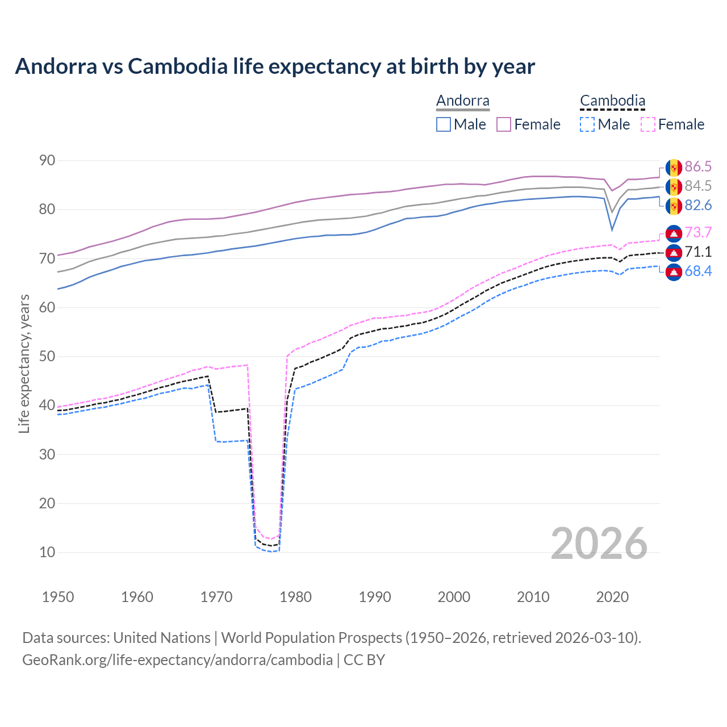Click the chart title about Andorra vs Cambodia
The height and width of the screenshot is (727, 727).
(275, 66)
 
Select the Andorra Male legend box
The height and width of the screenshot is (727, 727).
(444, 124)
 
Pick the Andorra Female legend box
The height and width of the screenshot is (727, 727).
(504, 124)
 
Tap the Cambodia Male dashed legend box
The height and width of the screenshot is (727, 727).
(587, 124)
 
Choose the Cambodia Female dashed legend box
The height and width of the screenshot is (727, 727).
(648, 124)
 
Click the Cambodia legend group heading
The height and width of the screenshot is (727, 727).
(612, 101)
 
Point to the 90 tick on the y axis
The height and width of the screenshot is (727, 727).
(47, 161)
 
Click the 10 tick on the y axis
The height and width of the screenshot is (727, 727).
(47, 552)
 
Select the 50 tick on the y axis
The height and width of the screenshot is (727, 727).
(47, 357)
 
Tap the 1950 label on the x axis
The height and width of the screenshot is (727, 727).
(58, 597)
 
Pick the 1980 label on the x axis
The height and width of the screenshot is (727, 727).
(295, 597)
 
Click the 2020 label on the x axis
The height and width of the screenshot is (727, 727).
(612, 597)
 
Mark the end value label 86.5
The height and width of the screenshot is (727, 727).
(698, 166)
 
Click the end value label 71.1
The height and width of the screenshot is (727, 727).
(698, 252)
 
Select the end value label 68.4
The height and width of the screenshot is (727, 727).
(698, 271)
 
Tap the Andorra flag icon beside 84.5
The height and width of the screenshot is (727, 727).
(674, 186)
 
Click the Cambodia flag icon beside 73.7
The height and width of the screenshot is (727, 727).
(674, 233)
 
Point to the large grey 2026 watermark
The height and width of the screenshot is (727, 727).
(599, 544)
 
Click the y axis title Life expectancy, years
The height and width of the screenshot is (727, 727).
(24, 363)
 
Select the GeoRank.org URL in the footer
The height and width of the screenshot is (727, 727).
(177, 660)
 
